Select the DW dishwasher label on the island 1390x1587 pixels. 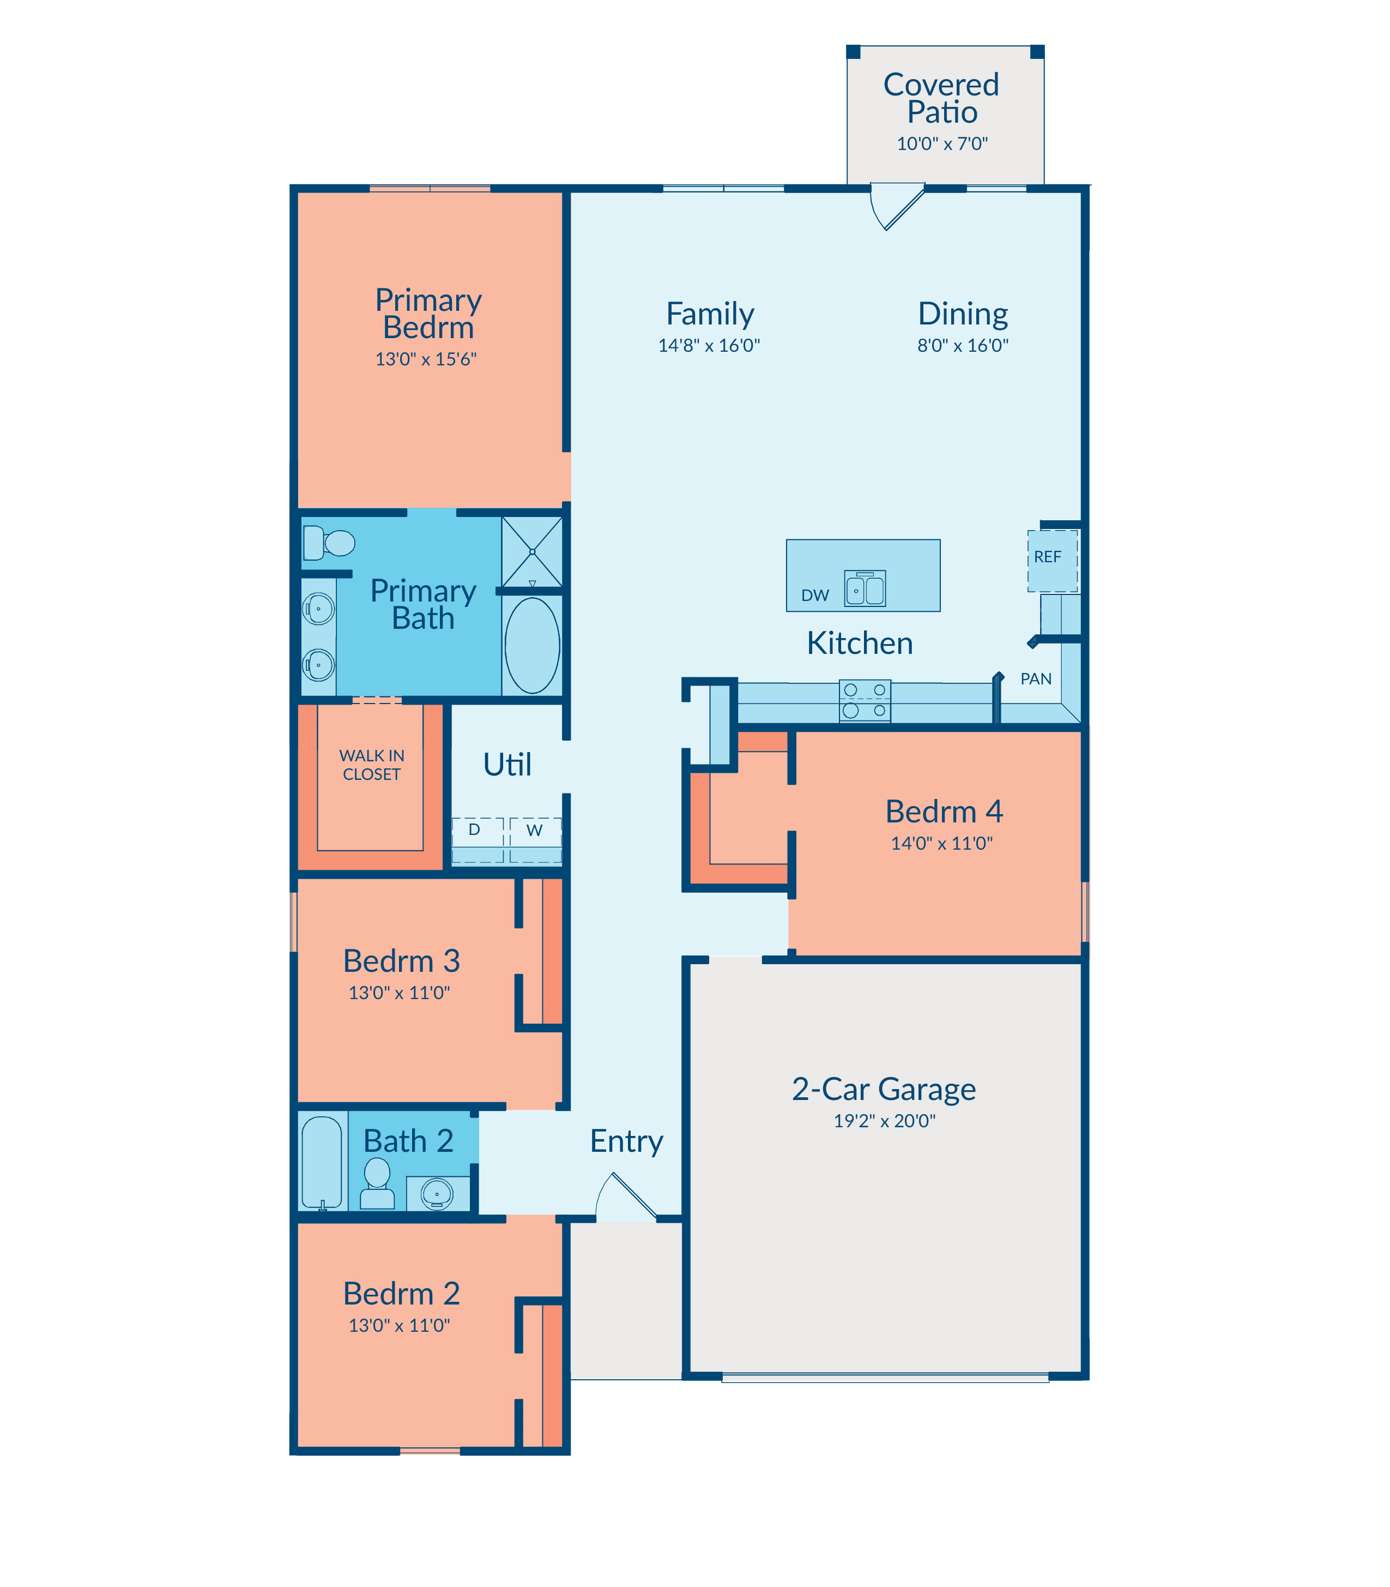tap(815, 595)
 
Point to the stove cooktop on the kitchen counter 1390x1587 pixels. tap(865, 701)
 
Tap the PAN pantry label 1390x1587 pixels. tap(1036, 679)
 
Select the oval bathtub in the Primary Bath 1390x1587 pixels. tap(532, 645)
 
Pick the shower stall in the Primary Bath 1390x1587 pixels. tap(532, 552)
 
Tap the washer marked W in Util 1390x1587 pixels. tap(535, 840)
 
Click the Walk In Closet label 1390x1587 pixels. tap(372, 765)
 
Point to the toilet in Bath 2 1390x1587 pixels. tap(378, 1183)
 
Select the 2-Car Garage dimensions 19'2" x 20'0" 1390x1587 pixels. tap(884, 1121)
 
